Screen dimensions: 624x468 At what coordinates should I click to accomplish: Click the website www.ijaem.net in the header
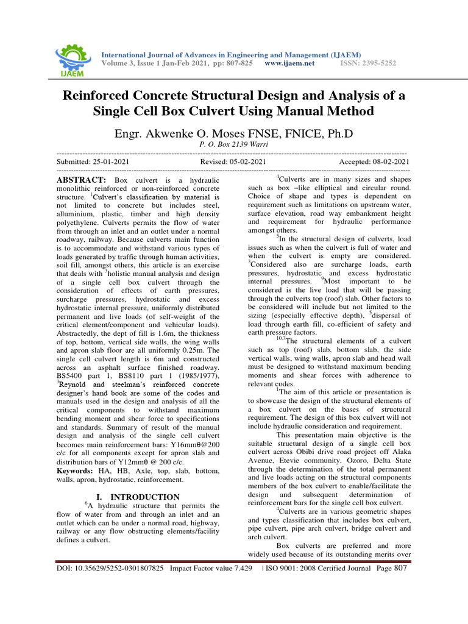click(x=290, y=63)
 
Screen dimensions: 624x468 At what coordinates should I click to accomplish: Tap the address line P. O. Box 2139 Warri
click(x=234, y=145)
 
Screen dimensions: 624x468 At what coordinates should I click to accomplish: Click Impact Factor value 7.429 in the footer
click(x=211, y=569)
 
